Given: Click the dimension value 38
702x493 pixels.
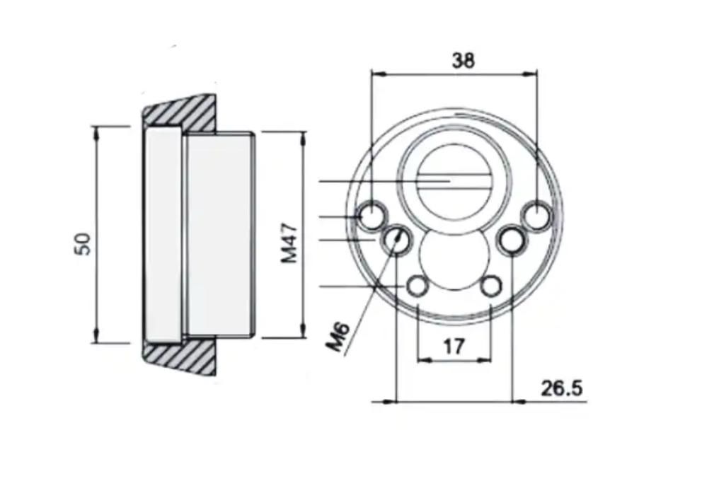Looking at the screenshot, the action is (x=463, y=60).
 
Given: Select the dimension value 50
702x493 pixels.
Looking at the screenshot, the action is (x=84, y=244).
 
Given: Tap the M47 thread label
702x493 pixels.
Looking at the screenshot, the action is (x=289, y=243).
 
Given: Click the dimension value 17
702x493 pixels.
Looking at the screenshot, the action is (x=454, y=347).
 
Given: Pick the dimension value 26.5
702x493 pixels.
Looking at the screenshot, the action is (x=562, y=388).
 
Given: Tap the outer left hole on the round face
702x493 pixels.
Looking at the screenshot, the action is (x=372, y=216).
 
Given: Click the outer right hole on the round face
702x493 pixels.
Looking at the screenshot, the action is (x=536, y=216).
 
